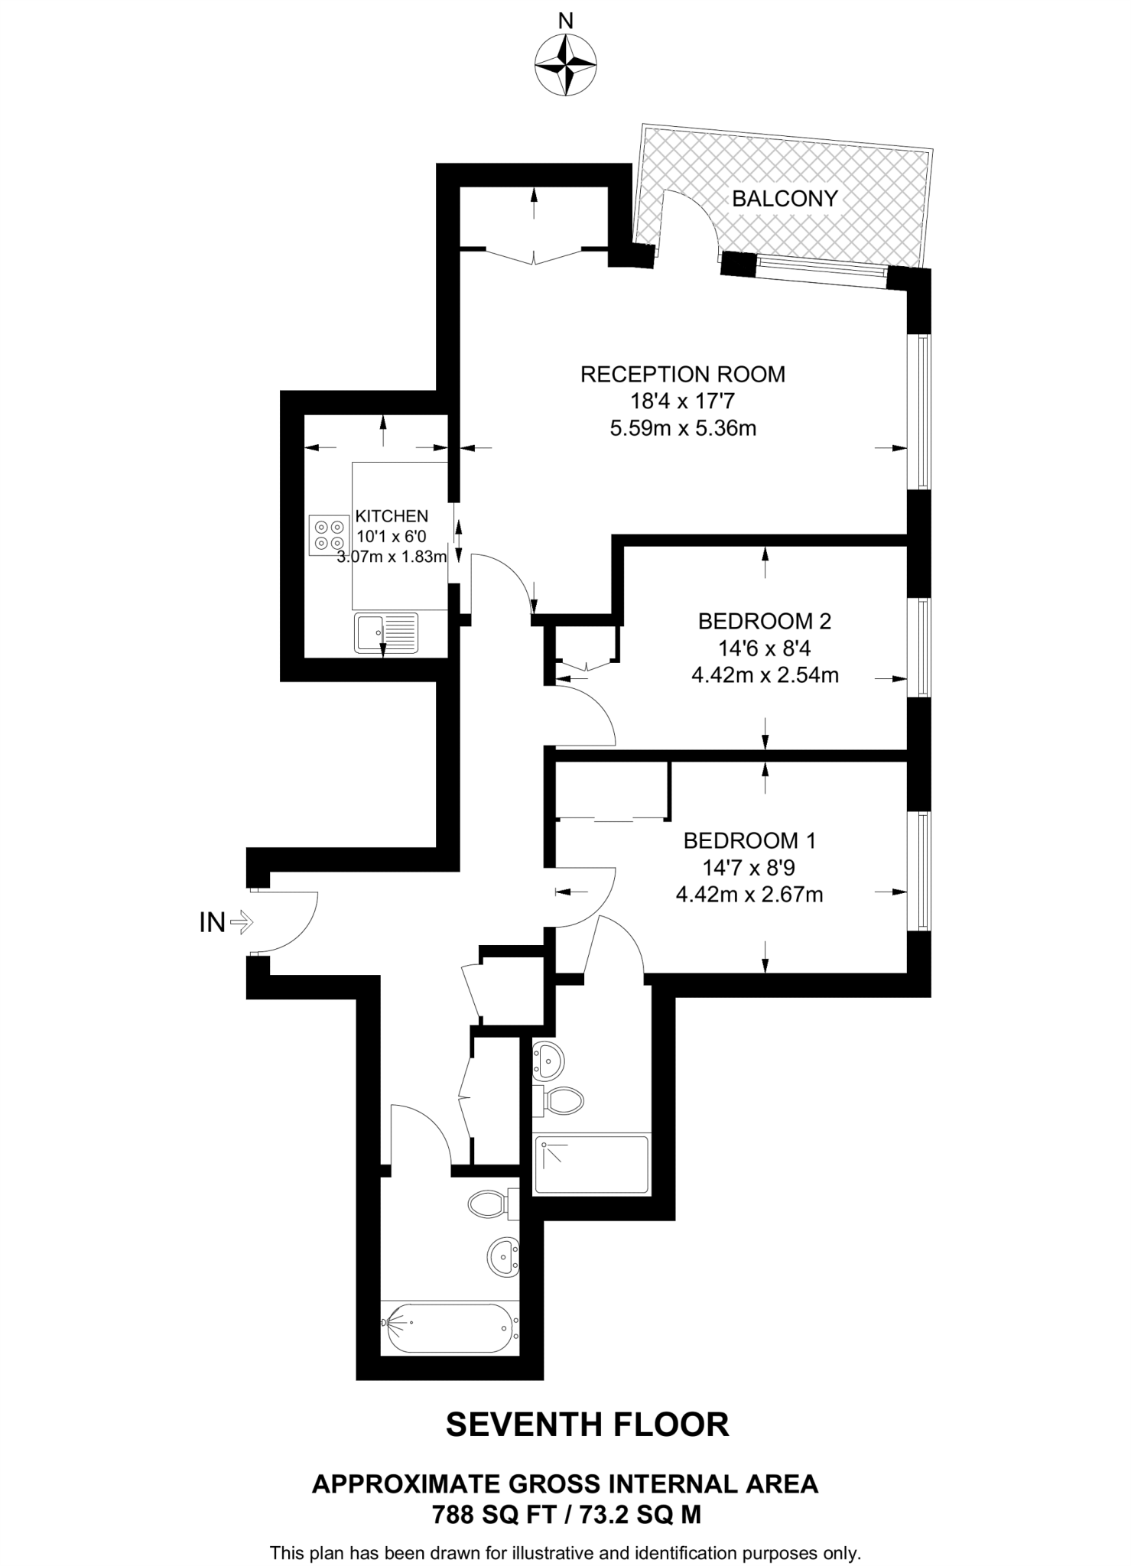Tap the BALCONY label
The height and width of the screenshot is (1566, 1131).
(785, 199)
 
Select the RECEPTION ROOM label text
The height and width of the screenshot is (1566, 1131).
(682, 375)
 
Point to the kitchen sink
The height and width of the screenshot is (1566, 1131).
(386, 632)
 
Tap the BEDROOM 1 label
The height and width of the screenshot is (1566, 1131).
(749, 841)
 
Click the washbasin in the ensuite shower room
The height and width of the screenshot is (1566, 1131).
(549, 1059)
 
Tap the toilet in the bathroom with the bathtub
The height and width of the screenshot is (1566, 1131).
(489, 1204)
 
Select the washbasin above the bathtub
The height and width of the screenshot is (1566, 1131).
(502, 1256)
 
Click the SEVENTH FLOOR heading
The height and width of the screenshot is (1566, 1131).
(587, 1425)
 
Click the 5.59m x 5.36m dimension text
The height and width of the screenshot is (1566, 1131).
(683, 428)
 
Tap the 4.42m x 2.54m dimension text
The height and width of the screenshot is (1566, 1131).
(765, 675)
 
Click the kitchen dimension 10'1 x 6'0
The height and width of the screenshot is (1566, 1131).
(392, 537)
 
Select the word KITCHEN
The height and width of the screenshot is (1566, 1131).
(392, 517)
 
